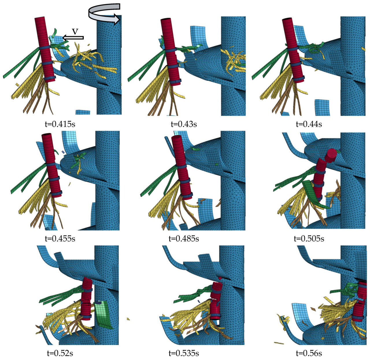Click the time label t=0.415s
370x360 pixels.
tap(60, 124)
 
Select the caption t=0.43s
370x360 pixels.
tap(184, 124)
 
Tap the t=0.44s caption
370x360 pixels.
tap(309, 124)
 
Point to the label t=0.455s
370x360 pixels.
tap(60, 238)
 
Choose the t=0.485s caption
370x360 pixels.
tap(184, 238)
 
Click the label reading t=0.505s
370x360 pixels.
tap(309, 238)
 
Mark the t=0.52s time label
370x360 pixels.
tap(60, 353)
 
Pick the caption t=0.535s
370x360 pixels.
tap(184, 353)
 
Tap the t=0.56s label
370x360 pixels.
tap(309, 353)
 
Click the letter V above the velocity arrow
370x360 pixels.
tap(75, 32)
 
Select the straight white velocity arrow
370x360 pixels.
tap(73, 38)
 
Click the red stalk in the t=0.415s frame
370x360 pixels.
tap(45, 49)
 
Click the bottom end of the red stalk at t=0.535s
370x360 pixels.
tap(215, 318)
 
